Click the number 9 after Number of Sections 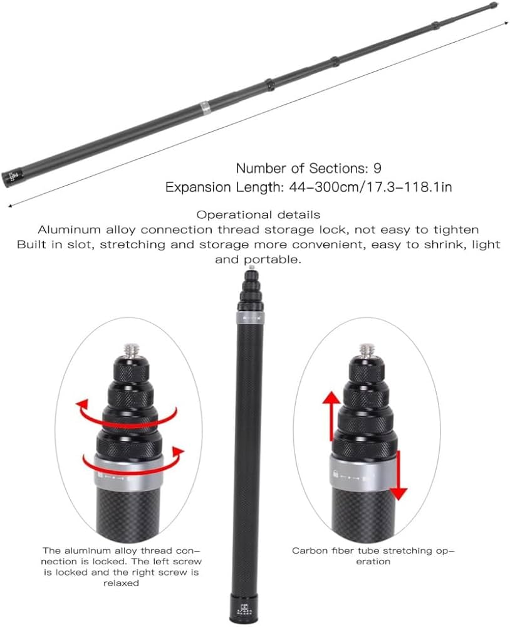(x=377, y=168)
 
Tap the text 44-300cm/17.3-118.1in (x=370, y=187)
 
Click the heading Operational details (x=258, y=214)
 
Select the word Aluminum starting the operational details (x=69, y=229)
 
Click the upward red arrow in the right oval (x=331, y=416)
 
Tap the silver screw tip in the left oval (x=130, y=349)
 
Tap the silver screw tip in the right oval (x=367, y=349)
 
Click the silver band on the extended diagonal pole (x=204, y=108)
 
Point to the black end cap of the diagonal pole (x=11, y=176)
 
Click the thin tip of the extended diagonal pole (x=494, y=6)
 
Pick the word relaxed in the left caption (x=121, y=583)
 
